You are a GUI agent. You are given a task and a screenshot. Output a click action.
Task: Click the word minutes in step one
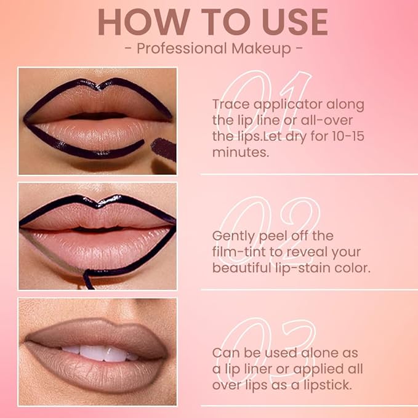click(x=241, y=151)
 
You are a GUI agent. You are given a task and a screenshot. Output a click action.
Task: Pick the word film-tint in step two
click(x=240, y=252)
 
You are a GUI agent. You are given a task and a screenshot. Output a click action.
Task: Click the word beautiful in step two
click(x=241, y=268)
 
